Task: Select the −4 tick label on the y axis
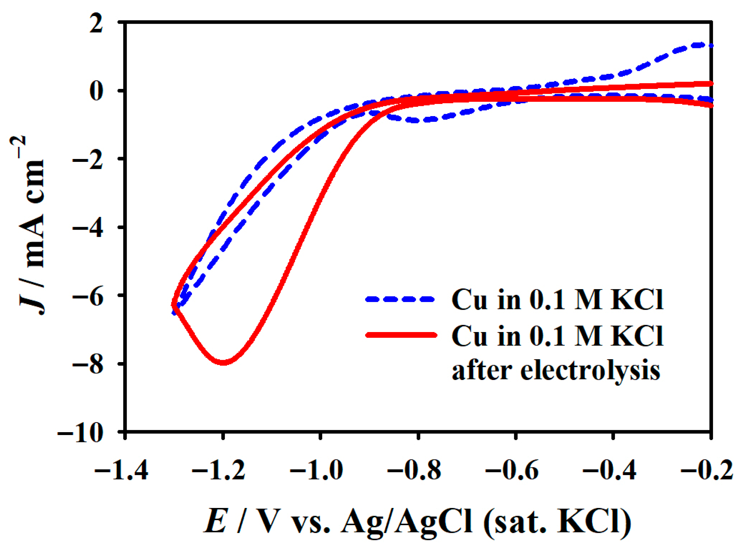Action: [88, 227]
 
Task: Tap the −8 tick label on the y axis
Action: [88, 364]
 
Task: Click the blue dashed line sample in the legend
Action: [400, 299]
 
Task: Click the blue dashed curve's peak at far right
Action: [700, 54]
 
